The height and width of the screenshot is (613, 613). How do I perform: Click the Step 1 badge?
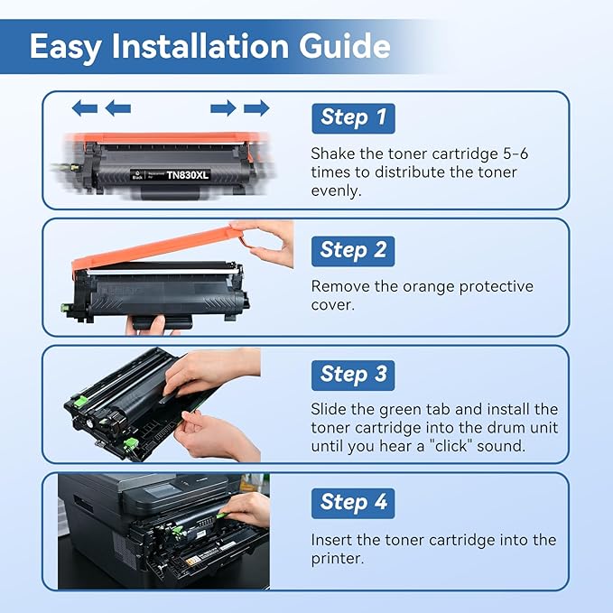(x=353, y=117)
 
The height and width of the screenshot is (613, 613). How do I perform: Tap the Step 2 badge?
(x=353, y=250)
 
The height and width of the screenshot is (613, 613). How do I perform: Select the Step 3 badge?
(x=353, y=374)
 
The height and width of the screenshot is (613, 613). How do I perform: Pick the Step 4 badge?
(x=353, y=502)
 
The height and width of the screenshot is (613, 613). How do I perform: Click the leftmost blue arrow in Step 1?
(x=84, y=108)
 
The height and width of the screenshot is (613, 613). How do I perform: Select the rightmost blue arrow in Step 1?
(x=256, y=108)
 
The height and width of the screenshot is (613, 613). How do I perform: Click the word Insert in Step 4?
(x=333, y=540)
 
